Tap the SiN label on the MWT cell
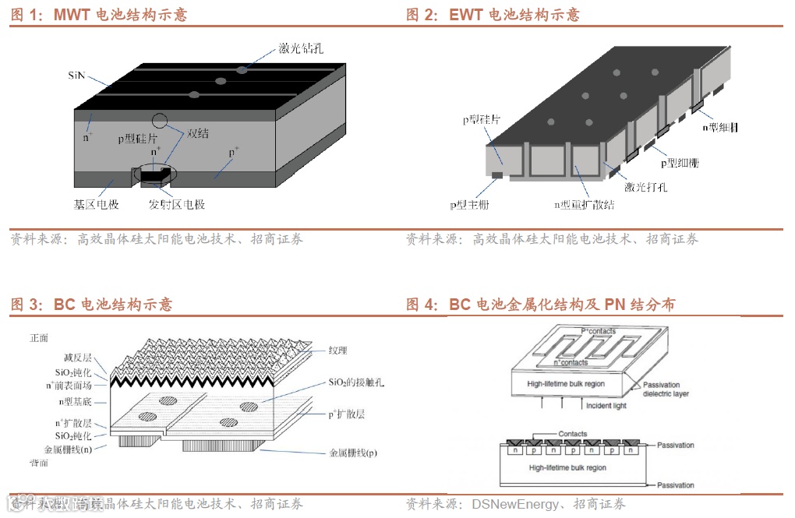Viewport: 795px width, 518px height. (x=76, y=76)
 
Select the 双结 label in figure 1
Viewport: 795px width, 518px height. (x=198, y=133)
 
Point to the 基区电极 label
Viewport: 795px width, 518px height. (x=91, y=205)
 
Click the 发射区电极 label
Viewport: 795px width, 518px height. (x=177, y=205)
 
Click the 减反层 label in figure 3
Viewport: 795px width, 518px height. (x=77, y=358)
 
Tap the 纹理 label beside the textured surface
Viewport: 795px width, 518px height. (x=339, y=351)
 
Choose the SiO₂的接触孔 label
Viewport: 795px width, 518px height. (x=355, y=383)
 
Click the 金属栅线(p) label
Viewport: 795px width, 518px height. (x=352, y=453)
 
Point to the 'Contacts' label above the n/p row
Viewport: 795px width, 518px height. (x=573, y=434)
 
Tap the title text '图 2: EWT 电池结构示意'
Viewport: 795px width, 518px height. (x=493, y=15)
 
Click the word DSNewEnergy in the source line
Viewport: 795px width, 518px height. (x=514, y=504)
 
